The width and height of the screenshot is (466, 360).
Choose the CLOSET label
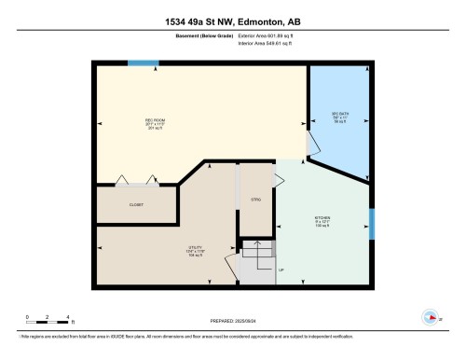135,203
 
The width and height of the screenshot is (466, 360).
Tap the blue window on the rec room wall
143,63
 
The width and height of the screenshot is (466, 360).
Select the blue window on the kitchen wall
371,223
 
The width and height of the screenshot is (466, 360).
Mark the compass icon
430,315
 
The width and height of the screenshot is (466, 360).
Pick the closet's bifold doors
135,180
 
